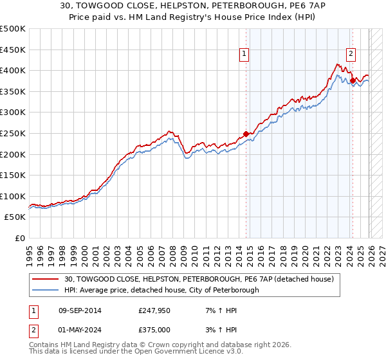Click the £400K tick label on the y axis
click(13, 71)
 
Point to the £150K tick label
click(13, 175)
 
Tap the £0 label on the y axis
click(19, 238)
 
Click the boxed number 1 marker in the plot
click(246, 55)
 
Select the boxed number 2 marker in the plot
click(351, 55)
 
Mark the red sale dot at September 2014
click(246, 134)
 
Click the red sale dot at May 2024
click(352, 80)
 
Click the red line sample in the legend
click(46, 280)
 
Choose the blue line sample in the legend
click(46, 291)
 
